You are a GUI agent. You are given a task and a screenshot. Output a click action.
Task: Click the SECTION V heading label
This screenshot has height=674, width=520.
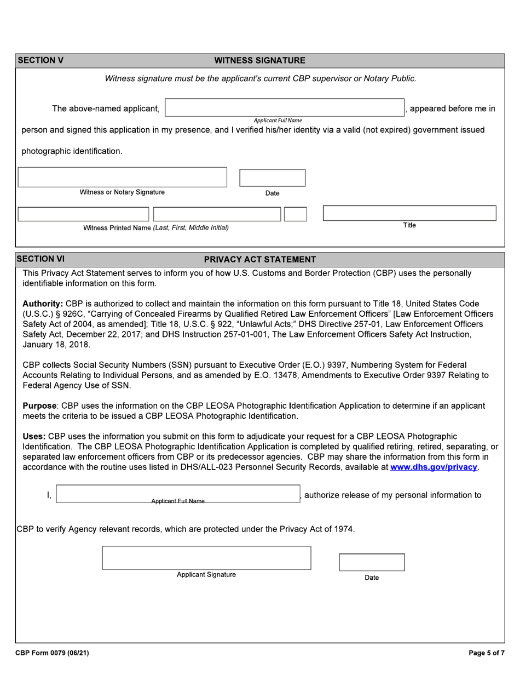tap(41, 60)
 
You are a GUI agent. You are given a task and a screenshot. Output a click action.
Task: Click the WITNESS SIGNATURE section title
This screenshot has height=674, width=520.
tap(259, 60)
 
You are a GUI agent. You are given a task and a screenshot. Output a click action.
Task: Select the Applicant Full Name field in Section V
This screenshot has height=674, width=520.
tap(285, 107)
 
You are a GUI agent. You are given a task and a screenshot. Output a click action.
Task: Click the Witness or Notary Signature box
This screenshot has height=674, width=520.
tap(122, 177)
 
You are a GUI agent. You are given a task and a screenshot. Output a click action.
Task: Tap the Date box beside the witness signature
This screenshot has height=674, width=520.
tap(273, 178)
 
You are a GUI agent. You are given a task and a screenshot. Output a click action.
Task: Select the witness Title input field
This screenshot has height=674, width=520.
tap(409, 213)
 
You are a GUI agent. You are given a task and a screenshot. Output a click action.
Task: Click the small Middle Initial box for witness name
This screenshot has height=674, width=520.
tap(296, 214)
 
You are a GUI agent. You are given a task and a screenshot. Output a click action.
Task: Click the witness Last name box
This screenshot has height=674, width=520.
tap(83, 214)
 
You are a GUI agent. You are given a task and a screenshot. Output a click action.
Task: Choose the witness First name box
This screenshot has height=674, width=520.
tap(217, 214)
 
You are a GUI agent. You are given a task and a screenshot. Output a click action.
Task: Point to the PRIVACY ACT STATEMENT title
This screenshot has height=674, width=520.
tap(259, 259)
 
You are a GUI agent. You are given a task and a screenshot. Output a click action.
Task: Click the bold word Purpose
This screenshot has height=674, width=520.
tap(41, 406)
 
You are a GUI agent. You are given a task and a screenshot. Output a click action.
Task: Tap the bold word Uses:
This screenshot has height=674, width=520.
tap(34, 437)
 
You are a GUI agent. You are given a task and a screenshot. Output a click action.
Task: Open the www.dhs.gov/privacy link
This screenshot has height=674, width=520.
tap(434, 467)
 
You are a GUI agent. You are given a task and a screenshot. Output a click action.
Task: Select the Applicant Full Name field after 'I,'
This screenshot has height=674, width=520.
tap(178, 494)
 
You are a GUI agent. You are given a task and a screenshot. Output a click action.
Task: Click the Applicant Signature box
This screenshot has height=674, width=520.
tap(206, 558)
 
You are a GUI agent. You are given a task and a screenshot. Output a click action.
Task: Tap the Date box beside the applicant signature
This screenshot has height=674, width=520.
tap(372, 562)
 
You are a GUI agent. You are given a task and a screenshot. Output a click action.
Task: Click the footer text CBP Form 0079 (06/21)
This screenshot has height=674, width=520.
tap(52, 653)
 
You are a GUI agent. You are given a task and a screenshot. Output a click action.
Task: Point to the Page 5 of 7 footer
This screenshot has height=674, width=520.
tap(486, 653)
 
